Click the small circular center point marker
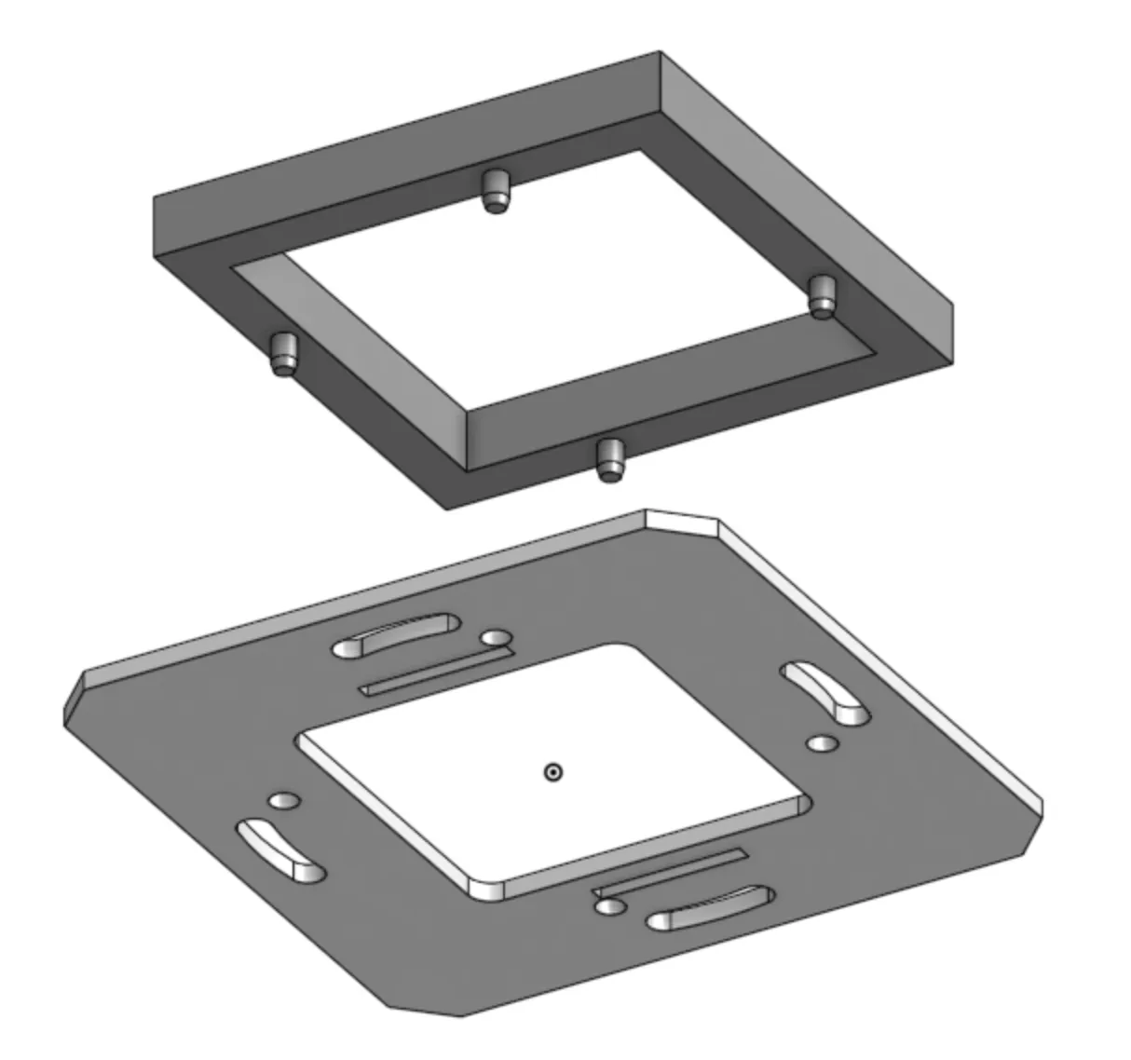point(553,771)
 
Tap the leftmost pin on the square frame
point(283,354)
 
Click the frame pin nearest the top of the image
point(497,191)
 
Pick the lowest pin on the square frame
point(608,459)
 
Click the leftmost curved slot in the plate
point(279,849)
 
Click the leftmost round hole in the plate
point(283,801)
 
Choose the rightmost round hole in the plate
point(823,743)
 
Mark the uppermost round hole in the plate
point(496,638)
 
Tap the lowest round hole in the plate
point(609,906)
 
